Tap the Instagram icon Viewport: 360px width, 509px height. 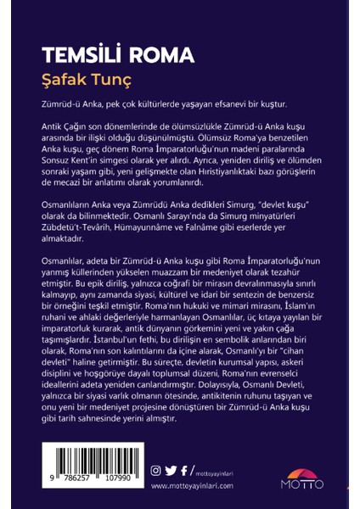click(x=155, y=469)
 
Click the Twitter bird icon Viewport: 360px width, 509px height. click(x=170, y=469)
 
